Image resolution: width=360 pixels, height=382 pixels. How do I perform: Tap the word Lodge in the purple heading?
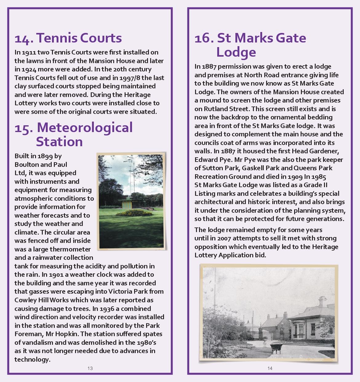236,52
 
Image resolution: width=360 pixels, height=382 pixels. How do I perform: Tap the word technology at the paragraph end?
32,360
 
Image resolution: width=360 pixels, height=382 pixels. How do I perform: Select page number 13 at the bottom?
90,368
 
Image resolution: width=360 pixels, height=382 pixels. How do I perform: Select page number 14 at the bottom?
270,368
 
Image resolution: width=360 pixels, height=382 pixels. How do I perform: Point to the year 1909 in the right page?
295,177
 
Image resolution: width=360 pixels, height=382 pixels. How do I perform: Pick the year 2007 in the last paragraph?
224,238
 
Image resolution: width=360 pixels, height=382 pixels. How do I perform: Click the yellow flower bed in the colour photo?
134,212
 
